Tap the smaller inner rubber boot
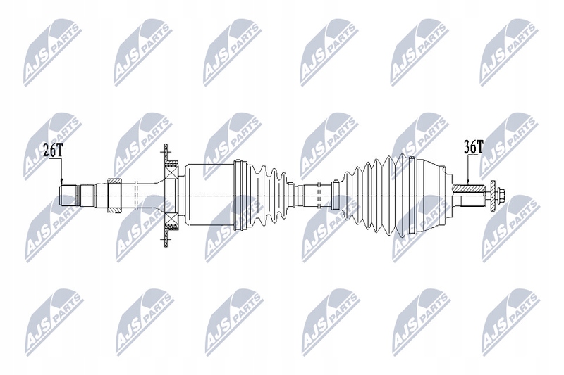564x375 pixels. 264,193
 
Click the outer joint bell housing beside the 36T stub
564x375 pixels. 430,194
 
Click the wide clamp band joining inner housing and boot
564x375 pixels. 237,194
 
